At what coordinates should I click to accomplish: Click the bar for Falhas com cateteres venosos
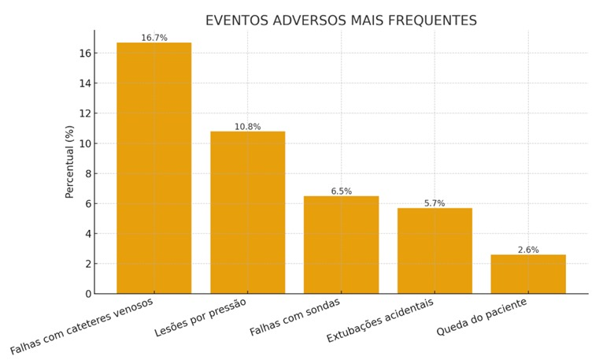154,168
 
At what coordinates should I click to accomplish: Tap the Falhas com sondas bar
341,244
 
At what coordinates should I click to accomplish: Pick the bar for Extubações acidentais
435,251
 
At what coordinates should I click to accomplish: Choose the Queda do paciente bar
528,273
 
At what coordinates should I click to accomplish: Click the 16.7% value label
154,38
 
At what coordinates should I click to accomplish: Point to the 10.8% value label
247,127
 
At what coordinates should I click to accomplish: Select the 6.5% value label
341,191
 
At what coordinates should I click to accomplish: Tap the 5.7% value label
435,203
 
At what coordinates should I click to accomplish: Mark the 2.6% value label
528,250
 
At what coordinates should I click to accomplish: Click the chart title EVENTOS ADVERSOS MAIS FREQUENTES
341,20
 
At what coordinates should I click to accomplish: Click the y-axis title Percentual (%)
70,161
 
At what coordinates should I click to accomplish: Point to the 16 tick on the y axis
84,54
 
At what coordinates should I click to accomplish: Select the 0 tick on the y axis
87,294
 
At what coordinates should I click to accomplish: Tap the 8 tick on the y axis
87,173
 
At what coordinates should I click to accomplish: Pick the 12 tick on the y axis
84,113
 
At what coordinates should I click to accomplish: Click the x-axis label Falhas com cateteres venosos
82,326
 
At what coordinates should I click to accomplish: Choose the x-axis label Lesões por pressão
200,317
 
